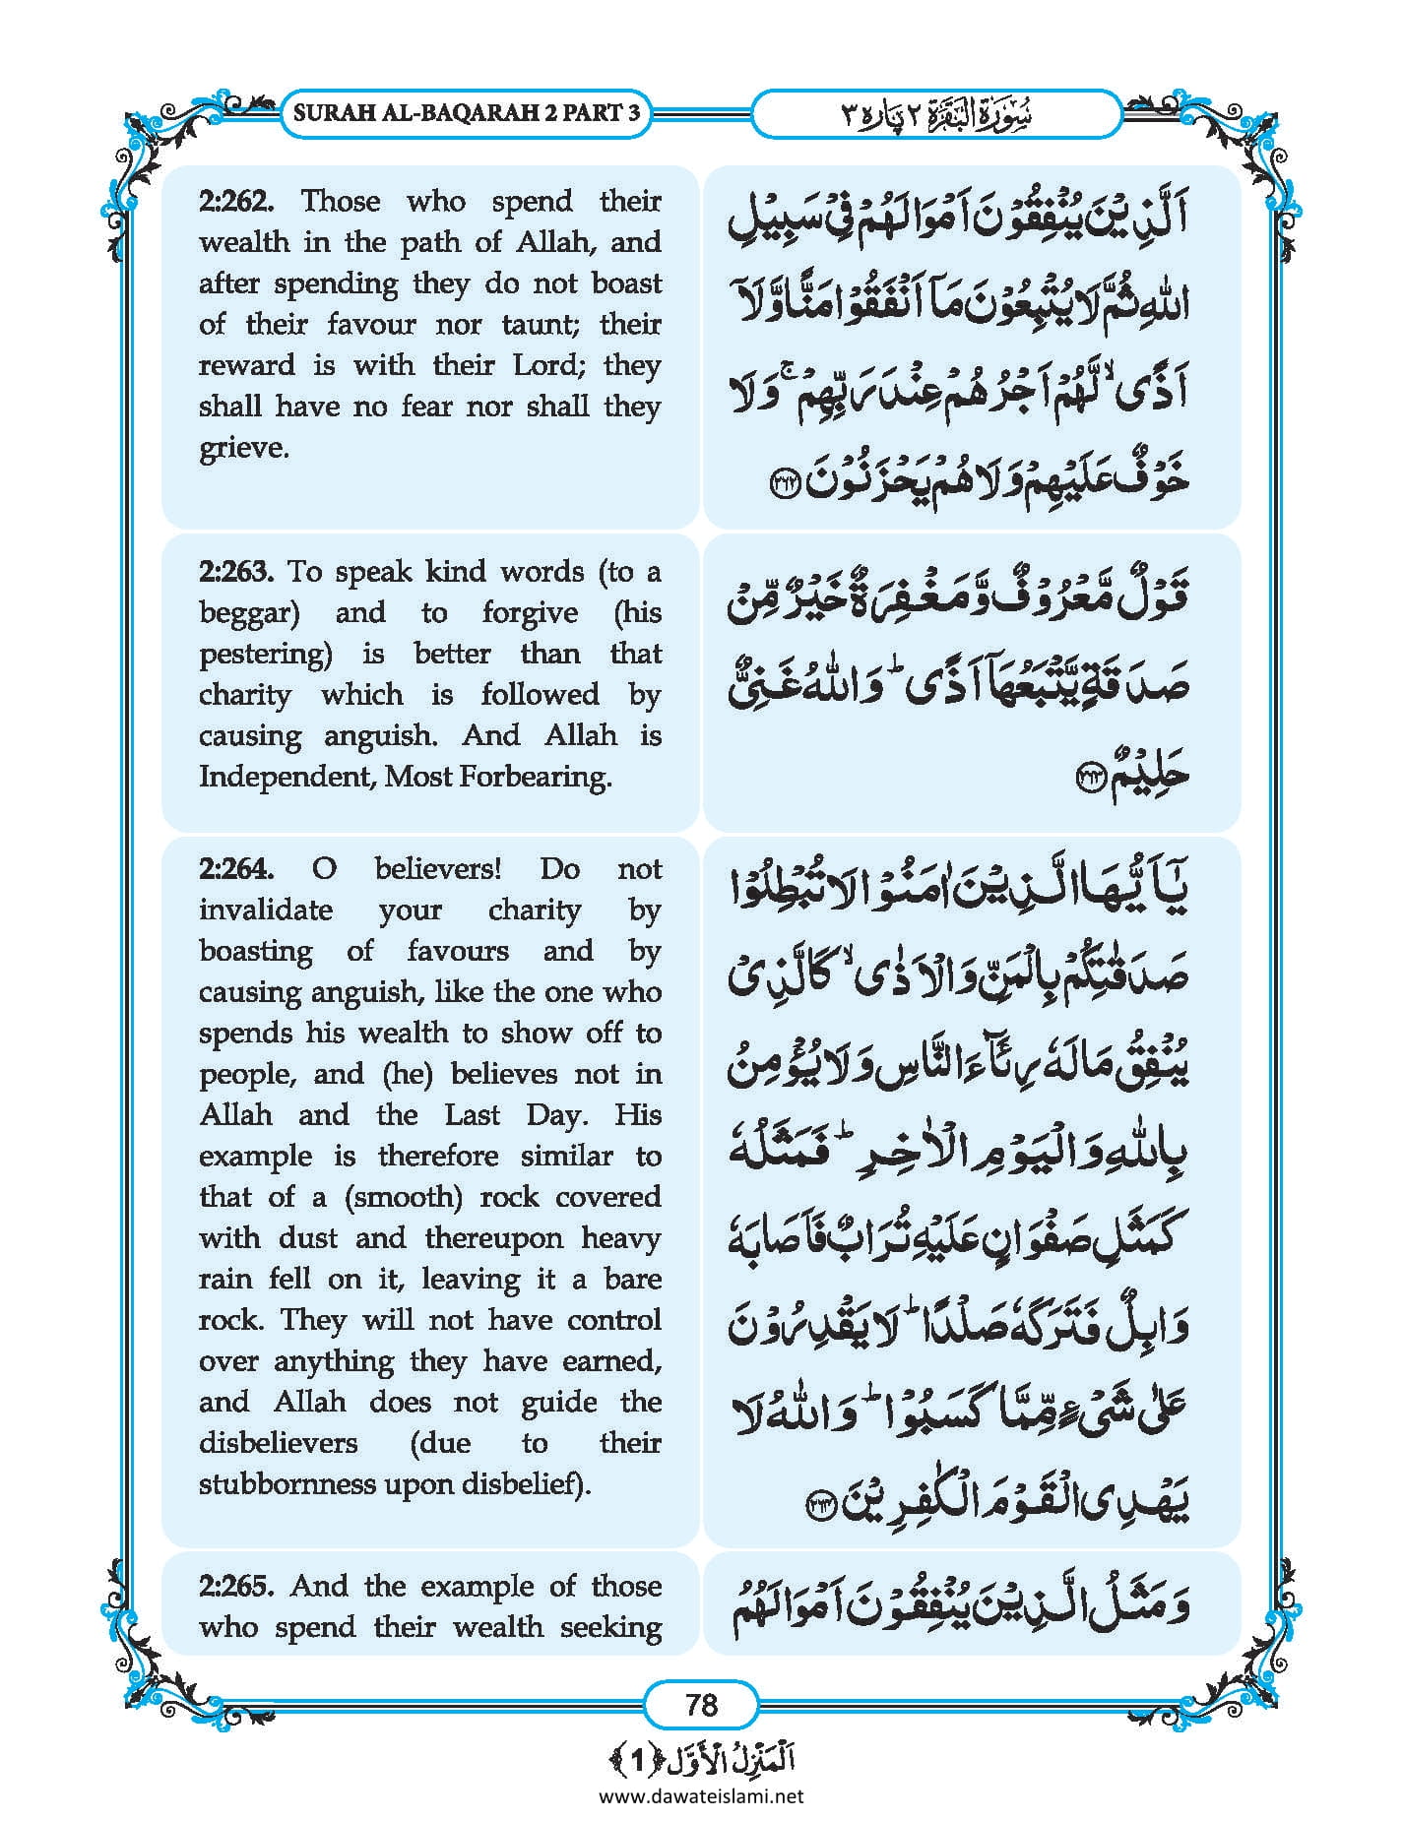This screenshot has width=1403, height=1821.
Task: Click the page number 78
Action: (x=701, y=1704)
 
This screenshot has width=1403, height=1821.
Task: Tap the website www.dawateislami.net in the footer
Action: (x=701, y=1795)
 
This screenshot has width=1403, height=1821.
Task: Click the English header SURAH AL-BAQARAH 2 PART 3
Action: (x=467, y=112)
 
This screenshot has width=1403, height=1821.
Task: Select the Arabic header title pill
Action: (x=936, y=113)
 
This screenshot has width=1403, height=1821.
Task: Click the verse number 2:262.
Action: (x=234, y=201)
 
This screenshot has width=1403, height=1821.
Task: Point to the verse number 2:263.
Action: (x=234, y=572)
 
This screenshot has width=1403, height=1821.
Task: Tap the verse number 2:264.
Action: (x=234, y=869)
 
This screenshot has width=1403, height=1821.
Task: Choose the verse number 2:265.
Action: (x=234, y=1586)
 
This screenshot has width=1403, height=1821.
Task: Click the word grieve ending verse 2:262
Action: (x=242, y=449)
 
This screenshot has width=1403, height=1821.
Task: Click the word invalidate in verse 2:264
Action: (x=266, y=910)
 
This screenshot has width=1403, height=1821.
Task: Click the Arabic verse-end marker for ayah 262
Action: (x=785, y=481)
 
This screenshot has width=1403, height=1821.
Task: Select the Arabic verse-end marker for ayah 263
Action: (x=1090, y=778)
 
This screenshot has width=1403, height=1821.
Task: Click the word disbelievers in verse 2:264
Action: (x=279, y=1443)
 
